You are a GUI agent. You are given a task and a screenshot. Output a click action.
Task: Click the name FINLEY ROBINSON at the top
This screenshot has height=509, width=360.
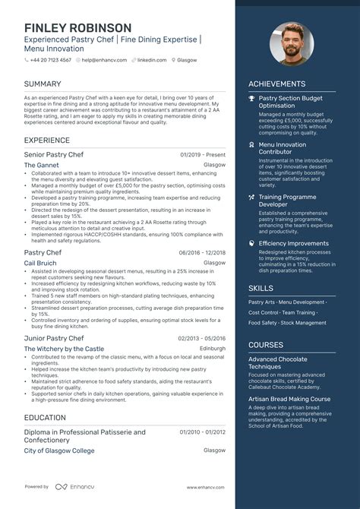click(77, 28)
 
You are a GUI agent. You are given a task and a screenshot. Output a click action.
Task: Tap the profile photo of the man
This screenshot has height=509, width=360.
click(292, 43)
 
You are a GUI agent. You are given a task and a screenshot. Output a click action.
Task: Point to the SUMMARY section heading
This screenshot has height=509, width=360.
click(43, 83)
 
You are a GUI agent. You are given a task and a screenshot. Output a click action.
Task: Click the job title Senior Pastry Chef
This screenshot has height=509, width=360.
click(54, 154)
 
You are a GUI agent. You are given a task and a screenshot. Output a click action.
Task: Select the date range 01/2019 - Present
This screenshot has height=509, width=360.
click(203, 154)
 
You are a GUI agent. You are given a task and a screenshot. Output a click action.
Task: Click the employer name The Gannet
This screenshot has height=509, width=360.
click(42, 164)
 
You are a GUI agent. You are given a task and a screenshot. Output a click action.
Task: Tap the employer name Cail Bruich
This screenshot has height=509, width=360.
click(40, 262)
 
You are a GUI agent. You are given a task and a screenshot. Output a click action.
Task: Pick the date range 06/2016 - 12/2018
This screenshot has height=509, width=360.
click(202, 252)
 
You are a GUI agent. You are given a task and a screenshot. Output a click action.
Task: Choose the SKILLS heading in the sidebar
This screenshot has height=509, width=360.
click(261, 289)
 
